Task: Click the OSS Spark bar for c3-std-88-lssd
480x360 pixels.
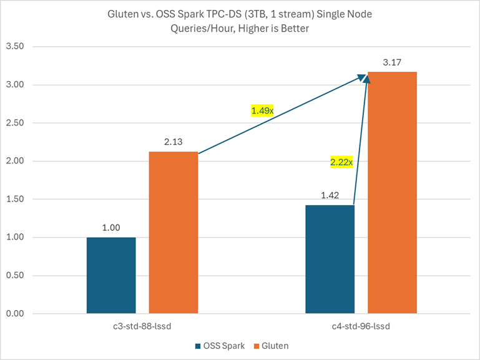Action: click(111, 275)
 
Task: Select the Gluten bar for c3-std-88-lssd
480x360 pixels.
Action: click(173, 232)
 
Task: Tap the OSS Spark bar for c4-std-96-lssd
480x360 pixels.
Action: click(330, 259)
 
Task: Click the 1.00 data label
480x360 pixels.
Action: click(111, 228)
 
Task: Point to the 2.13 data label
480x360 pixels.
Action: click(173, 142)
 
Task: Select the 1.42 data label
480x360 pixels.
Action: click(330, 196)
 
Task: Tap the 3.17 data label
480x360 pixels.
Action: click(392, 62)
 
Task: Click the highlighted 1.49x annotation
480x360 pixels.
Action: click(262, 110)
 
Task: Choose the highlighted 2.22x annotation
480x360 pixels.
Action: click(341, 163)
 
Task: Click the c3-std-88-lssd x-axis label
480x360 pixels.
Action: click(142, 326)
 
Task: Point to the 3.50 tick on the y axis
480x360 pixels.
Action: click(15, 47)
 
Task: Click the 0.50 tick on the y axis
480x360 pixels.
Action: click(15, 276)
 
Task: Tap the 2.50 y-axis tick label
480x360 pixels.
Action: click(15, 123)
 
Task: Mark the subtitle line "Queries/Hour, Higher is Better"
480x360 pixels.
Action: click(240, 29)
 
